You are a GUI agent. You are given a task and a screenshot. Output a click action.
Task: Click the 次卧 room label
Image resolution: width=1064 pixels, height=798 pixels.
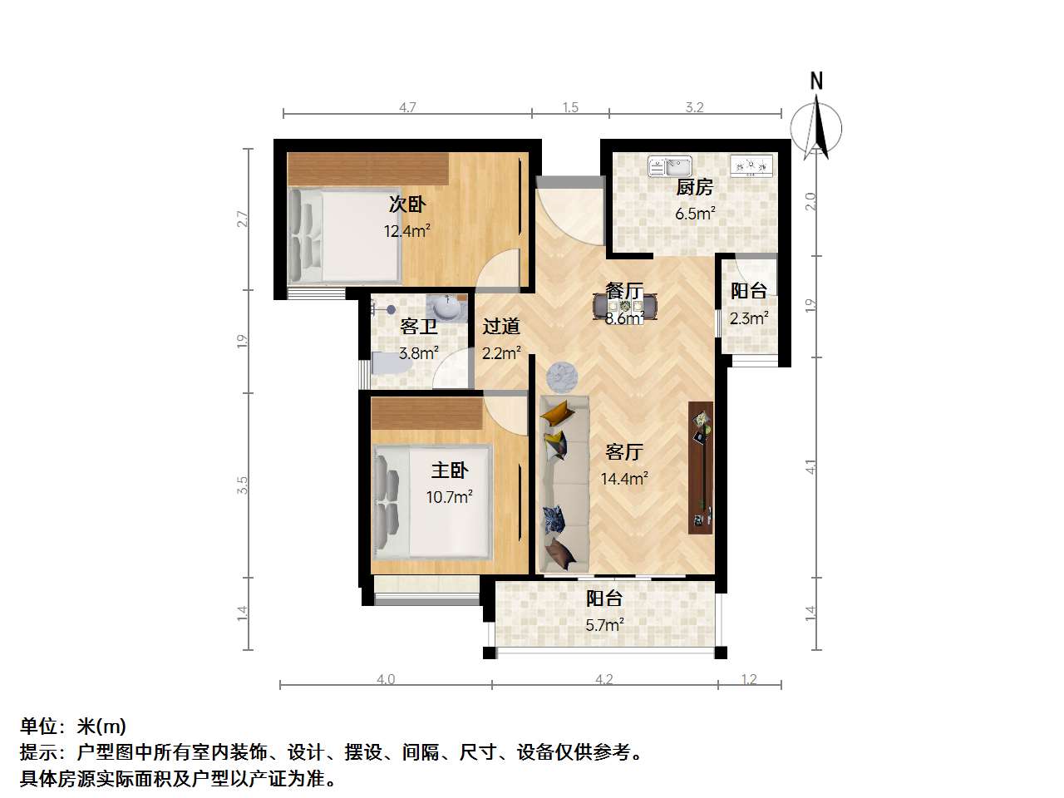[x=407, y=204]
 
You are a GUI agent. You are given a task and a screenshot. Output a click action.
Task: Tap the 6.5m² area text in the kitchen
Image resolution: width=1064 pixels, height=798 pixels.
[x=695, y=213]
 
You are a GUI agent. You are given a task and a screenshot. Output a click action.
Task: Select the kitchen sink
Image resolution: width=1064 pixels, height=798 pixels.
[x=670, y=167]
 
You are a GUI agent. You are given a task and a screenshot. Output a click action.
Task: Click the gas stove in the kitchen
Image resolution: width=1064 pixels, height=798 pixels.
[x=751, y=165]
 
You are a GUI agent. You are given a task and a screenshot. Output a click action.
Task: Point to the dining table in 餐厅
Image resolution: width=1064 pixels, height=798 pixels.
[x=625, y=307]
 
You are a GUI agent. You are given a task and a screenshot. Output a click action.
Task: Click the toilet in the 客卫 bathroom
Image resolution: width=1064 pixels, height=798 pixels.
[x=389, y=363]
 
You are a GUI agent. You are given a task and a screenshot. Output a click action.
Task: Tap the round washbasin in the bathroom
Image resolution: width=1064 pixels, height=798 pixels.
[x=447, y=308]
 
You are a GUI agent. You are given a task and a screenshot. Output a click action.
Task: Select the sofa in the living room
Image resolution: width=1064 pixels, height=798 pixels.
[x=564, y=484]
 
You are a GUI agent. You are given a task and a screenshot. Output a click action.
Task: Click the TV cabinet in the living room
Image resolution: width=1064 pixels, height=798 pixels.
[x=701, y=467]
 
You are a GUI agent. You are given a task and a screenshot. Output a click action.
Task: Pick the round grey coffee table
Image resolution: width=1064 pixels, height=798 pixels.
[x=562, y=376]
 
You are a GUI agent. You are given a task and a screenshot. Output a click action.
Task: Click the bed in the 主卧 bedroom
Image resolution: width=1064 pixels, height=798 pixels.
[x=431, y=502]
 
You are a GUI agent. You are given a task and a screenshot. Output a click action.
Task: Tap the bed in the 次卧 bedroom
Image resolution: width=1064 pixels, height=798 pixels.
[x=344, y=236]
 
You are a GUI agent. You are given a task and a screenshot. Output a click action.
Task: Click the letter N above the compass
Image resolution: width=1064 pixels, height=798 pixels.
[x=816, y=81]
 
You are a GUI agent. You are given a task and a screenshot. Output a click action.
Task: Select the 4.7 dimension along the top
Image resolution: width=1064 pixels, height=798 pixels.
[x=407, y=107]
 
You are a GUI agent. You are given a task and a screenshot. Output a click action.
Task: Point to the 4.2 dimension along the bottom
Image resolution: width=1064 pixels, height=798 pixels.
[x=604, y=679]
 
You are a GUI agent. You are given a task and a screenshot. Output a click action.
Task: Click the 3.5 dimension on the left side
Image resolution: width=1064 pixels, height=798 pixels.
[x=243, y=485]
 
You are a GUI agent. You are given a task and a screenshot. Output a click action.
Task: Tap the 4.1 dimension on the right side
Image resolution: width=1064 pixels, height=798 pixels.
[x=810, y=466]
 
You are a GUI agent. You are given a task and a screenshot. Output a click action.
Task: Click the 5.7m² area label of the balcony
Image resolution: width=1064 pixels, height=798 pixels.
[x=604, y=625]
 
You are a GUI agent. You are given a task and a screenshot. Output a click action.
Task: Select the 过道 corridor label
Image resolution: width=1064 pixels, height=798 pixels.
[x=501, y=327]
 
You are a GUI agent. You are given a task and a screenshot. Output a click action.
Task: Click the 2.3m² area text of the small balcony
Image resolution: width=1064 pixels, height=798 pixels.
[x=749, y=318]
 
